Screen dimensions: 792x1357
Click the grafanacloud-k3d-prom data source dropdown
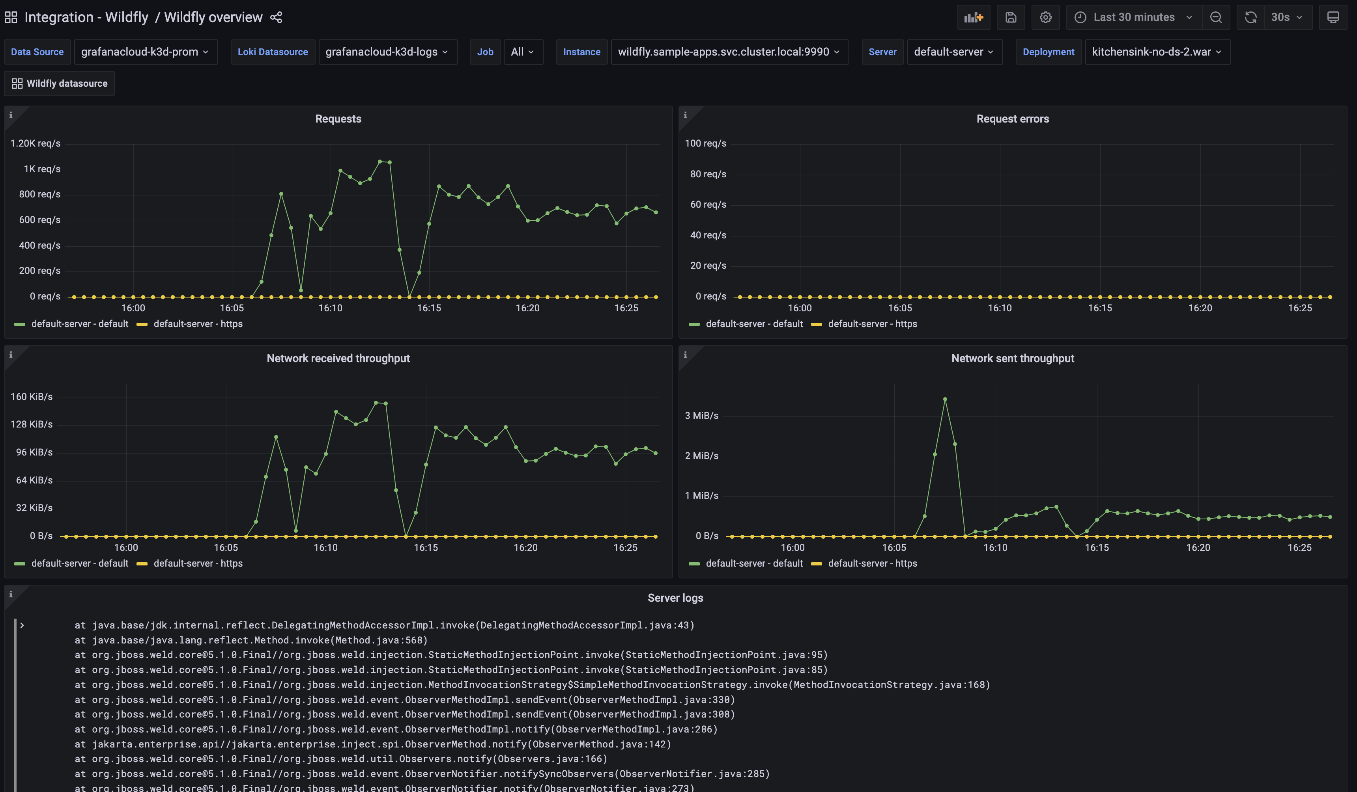[145, 52]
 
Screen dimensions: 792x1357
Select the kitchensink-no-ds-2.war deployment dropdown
[1157, 52]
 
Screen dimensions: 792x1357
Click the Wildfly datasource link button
[60, 84]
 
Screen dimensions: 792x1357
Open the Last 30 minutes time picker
[1133, 17]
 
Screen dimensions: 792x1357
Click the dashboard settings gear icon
[1045, 17]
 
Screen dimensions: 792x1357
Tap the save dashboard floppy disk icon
[1011, 17]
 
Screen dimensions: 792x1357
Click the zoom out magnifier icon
[1216, 17]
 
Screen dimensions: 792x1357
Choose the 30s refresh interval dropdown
[1286, 17]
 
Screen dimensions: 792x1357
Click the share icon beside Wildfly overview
[276, 17]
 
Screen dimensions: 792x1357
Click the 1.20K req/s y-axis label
[36, 143]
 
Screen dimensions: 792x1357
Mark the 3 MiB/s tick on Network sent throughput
[701, 415]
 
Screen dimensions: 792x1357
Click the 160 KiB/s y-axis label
[32, 396]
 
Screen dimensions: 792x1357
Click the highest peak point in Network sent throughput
[945, 399]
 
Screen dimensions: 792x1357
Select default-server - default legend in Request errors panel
[754, 324]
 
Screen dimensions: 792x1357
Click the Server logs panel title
[675, 598]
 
